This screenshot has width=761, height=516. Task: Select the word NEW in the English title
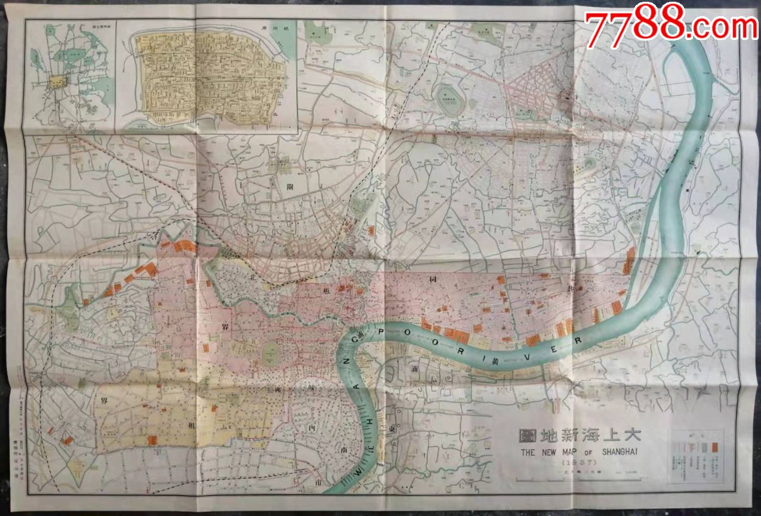pos(548,452)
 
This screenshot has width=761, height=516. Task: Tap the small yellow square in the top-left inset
pos(57,82)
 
